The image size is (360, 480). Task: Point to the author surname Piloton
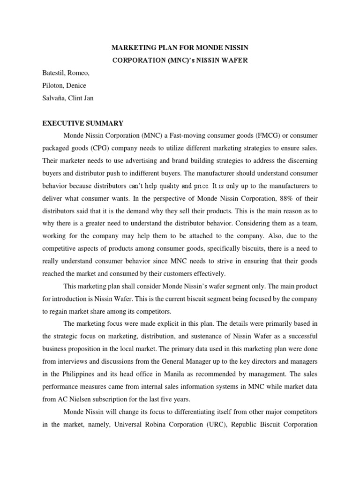pyautogui.click(x=54, y=85)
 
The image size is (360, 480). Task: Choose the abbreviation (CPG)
pyautogui.click(x=108, y=148)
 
